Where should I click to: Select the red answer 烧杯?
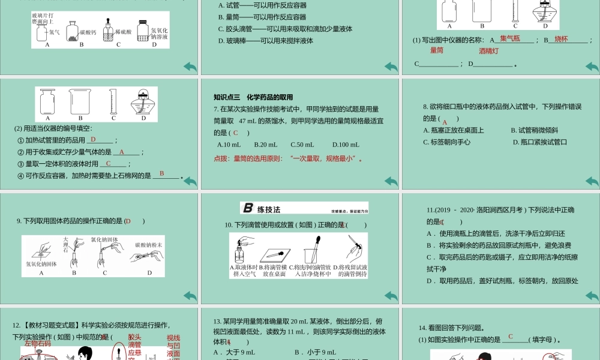(561, 39)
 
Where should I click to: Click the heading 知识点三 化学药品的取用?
(253, 97)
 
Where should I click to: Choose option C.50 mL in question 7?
(302, 145)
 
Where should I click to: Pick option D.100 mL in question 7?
(346, 145)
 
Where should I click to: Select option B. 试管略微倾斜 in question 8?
(534, 130)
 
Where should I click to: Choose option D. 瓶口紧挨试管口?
(539, 142)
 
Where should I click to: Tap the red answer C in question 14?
(511, 337)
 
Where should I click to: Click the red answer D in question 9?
(128, 221)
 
